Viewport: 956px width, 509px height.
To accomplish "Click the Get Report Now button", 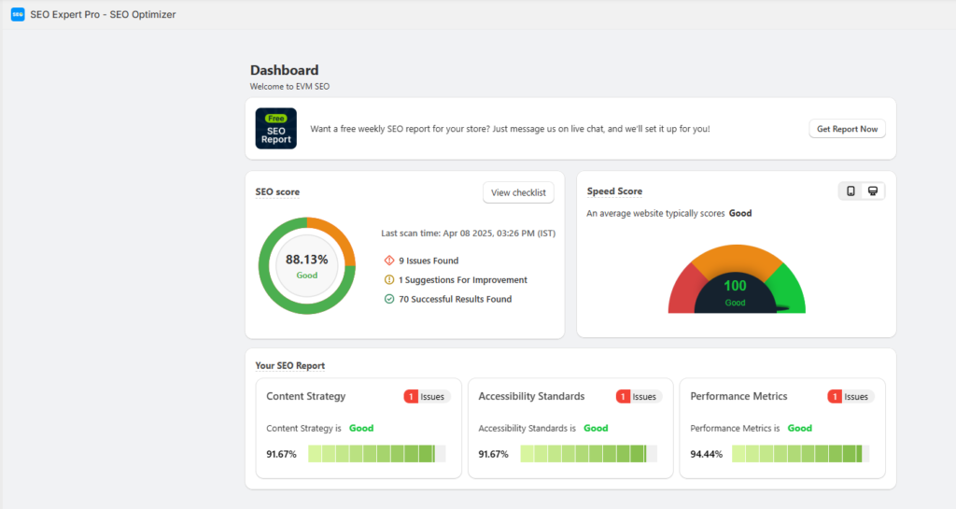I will coord(847,129).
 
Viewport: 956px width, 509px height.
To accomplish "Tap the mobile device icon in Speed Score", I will coord(851,191).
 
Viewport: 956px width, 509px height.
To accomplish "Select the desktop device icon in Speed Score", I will coord(873,191).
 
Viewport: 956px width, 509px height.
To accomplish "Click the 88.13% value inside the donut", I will coord(306,260).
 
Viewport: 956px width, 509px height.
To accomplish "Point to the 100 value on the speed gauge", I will coord(736,286).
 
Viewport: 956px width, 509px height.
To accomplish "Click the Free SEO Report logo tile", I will coord(276,129).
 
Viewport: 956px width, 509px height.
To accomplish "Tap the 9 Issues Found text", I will coord(428,261).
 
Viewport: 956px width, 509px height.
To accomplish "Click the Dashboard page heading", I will coord(284,70).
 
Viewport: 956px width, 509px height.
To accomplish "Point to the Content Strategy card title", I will coord(305,396).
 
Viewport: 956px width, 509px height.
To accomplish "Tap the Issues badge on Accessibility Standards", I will coord(639,397).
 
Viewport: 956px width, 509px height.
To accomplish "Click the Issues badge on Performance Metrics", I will coord(851,397).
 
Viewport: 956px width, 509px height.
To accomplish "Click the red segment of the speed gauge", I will coord(684,290).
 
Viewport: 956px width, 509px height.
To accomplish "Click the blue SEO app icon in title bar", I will coord(17,14).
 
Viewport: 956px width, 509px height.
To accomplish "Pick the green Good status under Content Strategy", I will coord(361,428).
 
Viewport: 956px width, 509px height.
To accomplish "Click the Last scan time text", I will coord(469,233).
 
